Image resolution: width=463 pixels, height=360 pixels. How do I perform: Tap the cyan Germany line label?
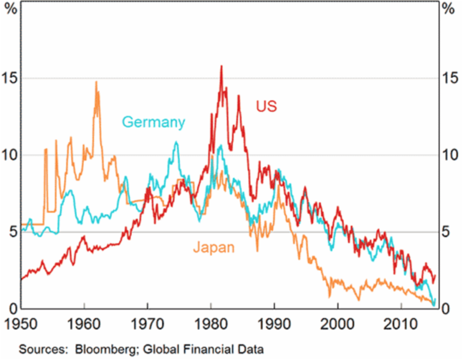click(x=153, y=122)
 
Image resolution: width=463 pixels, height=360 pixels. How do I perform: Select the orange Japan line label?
click(x=214, y=248)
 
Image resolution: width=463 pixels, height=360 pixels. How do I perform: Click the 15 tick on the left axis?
click(x=10, y=78)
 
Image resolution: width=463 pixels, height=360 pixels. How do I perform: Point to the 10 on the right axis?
click(x=448, y=155)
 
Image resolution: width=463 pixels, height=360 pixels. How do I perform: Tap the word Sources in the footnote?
click(x=38, y=350)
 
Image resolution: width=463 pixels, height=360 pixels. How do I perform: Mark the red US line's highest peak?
click(x=221, y=67)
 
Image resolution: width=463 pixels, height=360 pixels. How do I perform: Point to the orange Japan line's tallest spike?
click(x=96, y=82)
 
